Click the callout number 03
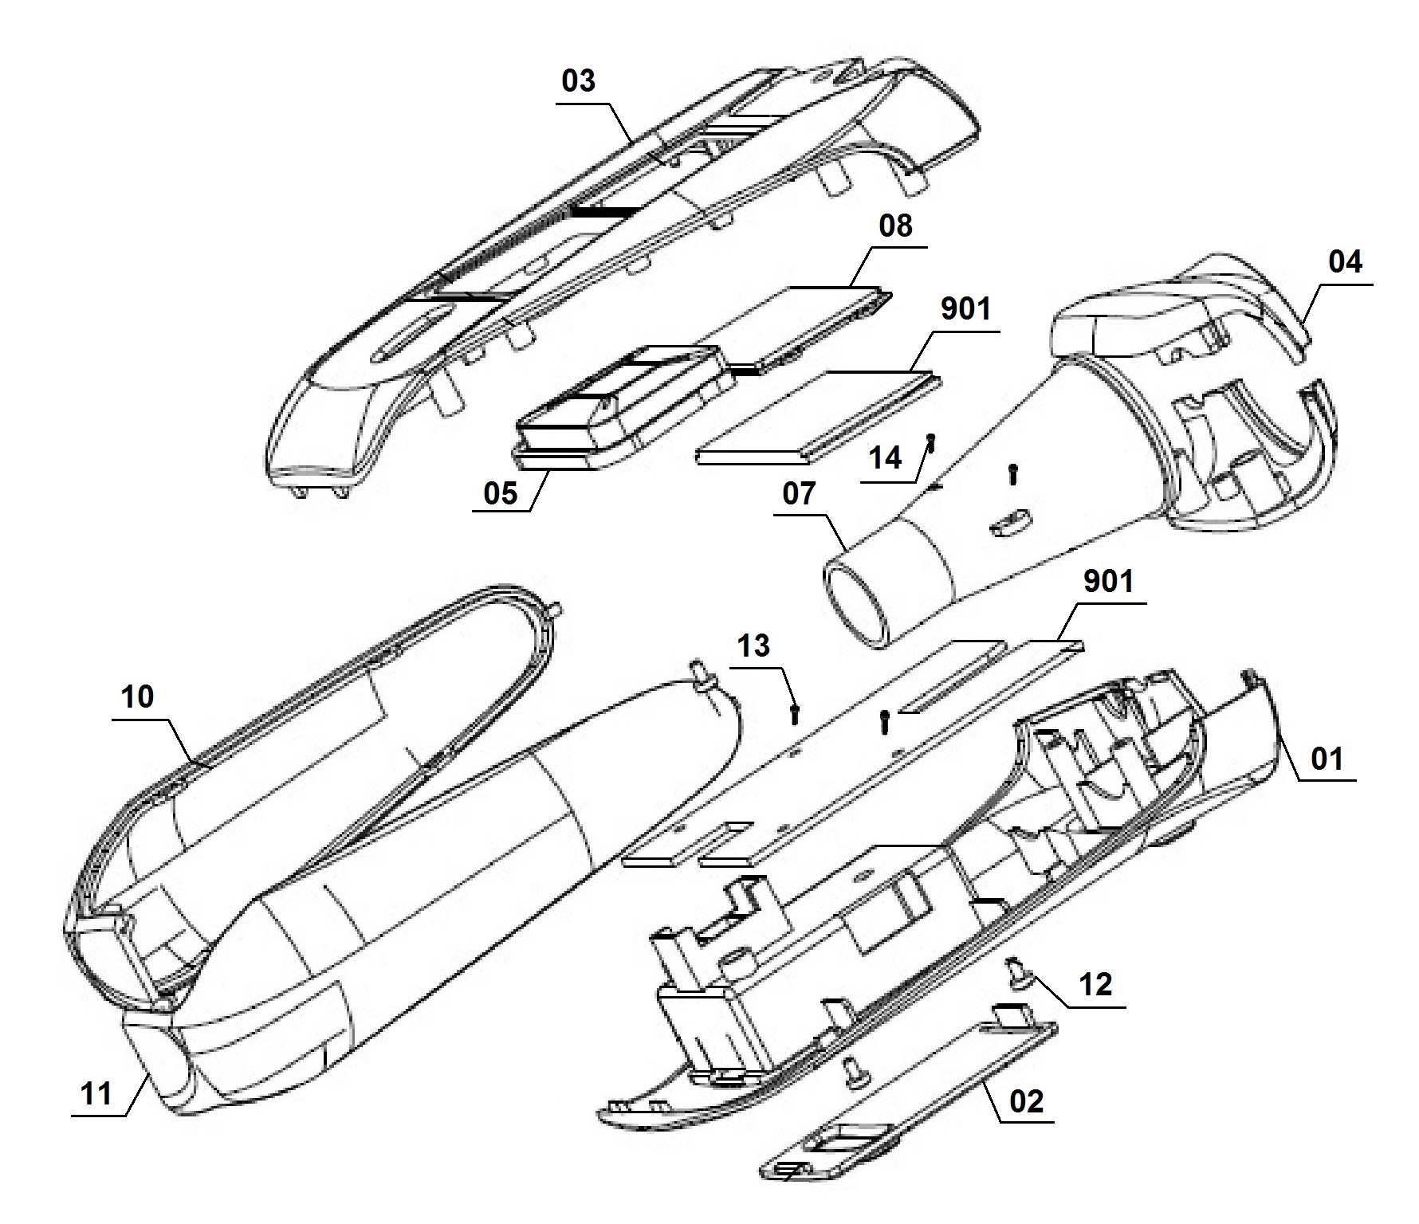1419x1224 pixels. click(x=579, y=81)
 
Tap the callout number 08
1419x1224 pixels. click(x=894, y=226)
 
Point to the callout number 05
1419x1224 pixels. click(x=501, y=493)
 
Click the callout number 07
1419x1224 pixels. click(x=799, y=493)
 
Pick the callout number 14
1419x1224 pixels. click(x=884, y=458)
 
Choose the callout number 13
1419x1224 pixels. click(x=753, y=645)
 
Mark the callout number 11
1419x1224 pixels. click(x=96, y=1093)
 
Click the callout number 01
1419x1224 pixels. click(x=1327, y=758)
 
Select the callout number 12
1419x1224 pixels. click(x=1095, y=985)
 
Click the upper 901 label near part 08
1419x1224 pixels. click(x=965, y=308)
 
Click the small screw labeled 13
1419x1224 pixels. click(x=794, y=714)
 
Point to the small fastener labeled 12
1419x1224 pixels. click(x=1018, y=971)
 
